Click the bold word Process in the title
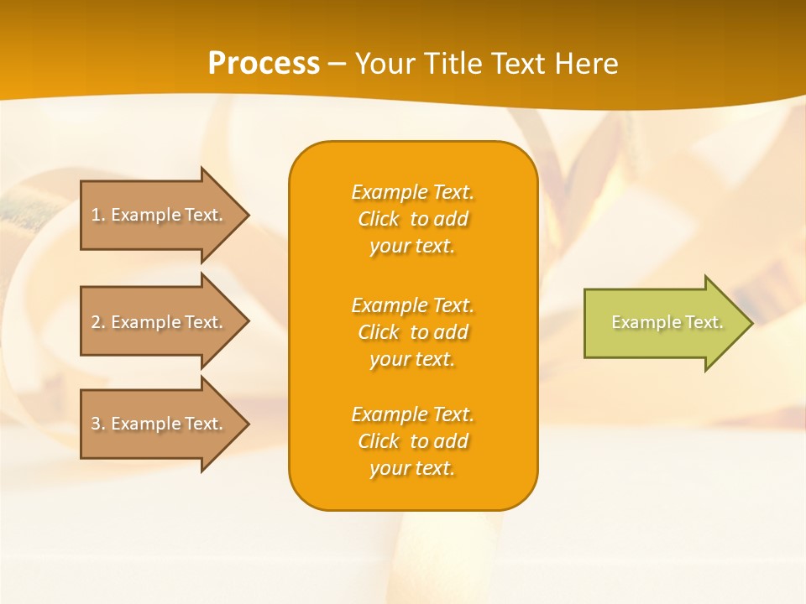pos(264,63)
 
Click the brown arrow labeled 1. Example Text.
pos(160,215)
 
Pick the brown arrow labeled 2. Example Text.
pos(160,322)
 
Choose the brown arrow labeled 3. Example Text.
pos(160,424)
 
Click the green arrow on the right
pos(663,323)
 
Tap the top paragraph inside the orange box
pos(412,219)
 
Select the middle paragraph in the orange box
pos(412,332)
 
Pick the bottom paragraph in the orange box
pos(412,441)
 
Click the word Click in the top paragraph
pos(379,219)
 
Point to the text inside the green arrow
pos(667,322)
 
